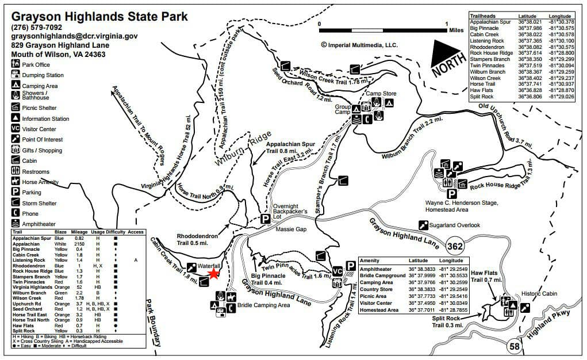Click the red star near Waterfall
[213, 274]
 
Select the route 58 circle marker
[515, 347]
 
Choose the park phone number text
[37, 26]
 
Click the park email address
[74, 36]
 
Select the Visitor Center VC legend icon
[16, 129]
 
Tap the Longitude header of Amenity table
[450, 261]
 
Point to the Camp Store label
[381, 93]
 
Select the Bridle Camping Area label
[263, 305]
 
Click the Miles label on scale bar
[456, 30]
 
